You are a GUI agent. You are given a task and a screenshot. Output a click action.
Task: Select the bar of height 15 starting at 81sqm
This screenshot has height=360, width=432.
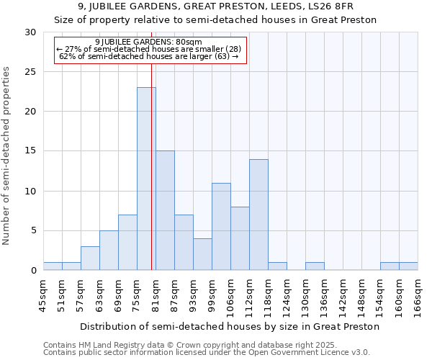click(165, 210)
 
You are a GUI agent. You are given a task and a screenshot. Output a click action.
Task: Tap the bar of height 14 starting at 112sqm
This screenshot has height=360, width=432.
click(258, 215)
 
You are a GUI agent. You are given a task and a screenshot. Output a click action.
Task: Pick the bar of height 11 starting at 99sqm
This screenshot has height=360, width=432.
click(221, 226)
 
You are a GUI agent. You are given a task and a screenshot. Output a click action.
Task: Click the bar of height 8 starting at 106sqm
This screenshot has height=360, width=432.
click(240, 238)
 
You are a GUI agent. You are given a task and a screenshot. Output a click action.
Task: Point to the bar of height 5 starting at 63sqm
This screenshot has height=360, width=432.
click(109, 250)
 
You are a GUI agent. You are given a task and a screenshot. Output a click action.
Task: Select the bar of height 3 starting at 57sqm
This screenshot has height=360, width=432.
click(90, 258)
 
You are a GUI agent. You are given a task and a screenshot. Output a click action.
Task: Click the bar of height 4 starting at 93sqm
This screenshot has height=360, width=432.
click(202, 254)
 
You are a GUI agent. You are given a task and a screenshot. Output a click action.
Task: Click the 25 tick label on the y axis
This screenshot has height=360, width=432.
click(30, 72)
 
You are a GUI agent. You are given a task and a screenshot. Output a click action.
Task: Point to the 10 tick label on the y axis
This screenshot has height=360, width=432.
click(30, 192)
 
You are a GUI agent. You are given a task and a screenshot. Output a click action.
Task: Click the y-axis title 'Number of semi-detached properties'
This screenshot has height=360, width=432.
click(7, 156)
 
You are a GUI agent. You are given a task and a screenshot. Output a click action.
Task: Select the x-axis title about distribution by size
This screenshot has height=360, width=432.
click(230, 326)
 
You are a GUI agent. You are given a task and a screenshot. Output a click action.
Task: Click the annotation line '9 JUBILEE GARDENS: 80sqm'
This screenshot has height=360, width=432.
click(148, 42)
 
